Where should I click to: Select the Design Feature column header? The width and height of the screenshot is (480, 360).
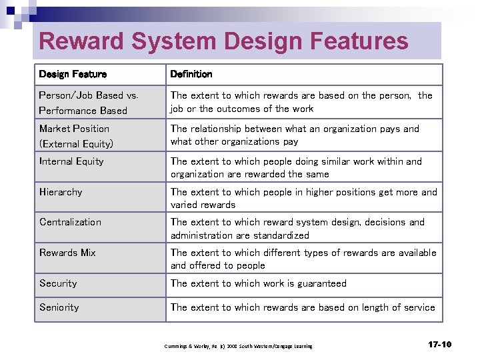tap(73, 74)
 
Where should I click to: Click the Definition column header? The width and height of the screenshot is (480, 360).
tap(191, 74)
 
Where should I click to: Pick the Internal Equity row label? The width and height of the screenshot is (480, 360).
tap(71, 161)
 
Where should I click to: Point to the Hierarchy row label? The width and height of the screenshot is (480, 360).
tap(61, 192)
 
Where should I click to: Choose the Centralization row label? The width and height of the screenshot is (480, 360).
tap(70, 222)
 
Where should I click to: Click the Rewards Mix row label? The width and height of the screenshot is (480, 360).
tap(67, 253)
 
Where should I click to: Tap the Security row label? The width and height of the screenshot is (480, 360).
tap(58, 283)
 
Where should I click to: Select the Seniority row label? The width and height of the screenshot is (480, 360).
tap(59, 307)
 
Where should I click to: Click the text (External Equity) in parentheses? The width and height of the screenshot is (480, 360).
tap(76, 144)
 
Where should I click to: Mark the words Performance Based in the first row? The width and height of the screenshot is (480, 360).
tap(83, 111)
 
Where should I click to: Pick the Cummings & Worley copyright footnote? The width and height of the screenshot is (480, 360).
tap(238, 346)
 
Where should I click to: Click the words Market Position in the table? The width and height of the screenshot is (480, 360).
tap(74, 129)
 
